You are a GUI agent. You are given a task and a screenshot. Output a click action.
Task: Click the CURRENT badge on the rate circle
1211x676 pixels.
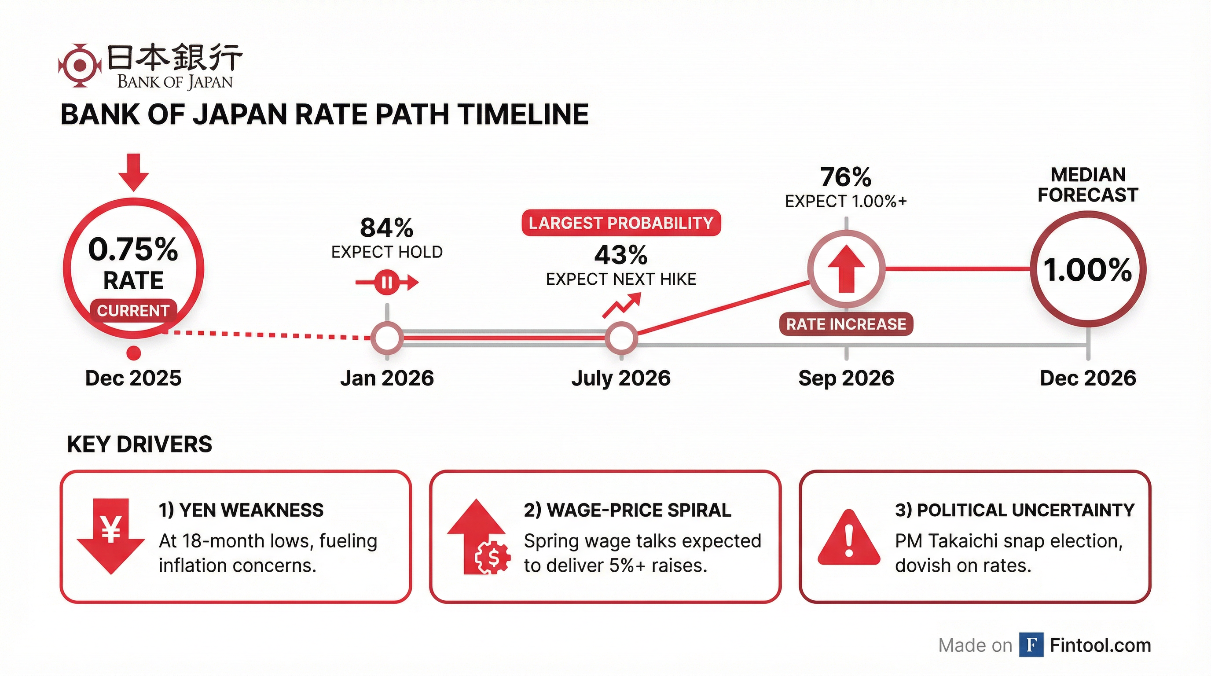click(133, 311)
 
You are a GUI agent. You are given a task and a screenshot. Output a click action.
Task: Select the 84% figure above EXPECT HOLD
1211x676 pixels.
click(386, 228)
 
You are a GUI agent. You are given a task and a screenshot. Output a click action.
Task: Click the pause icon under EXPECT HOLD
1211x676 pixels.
click(387, 283)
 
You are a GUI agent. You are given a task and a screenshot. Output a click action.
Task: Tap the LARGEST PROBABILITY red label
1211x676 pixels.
click(621, 223)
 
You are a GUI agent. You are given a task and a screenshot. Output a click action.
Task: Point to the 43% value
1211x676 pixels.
click(621, 255)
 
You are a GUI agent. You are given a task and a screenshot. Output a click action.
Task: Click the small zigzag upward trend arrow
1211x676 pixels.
click(621, 305)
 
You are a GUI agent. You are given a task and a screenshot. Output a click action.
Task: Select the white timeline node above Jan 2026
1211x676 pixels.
click(387, 338)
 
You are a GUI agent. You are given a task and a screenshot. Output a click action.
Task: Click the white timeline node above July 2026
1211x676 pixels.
click(621, 338)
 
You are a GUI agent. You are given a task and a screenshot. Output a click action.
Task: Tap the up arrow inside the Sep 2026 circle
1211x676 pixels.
click(846, 269)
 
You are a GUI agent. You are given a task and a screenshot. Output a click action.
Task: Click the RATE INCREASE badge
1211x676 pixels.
click(846, 324)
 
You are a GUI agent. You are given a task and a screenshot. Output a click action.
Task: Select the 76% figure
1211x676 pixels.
click(846, 178)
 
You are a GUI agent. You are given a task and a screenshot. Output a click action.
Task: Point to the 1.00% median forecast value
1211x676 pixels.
click(1088, 270)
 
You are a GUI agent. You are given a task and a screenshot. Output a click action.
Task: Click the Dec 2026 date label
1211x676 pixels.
click(1088, 378)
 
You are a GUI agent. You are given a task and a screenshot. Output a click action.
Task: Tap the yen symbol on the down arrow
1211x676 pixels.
click(111, 529)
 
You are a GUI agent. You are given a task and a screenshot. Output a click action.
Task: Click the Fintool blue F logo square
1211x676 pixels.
click(1031, 645)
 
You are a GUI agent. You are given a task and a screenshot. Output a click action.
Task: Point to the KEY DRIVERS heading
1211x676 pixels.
click(139, 444)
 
